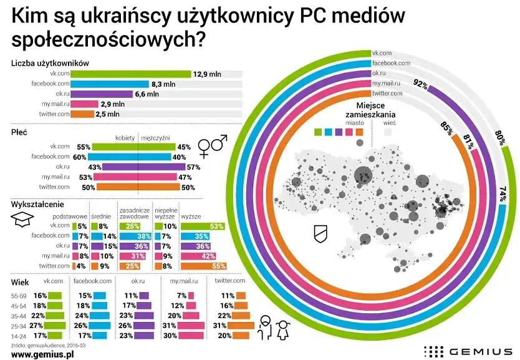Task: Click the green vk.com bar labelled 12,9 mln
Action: pyautogui.click(x=131, y=74)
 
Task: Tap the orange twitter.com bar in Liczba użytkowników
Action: pyautogui.click(x=83, y=114)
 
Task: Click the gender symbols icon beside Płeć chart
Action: pyautogui.click(x=212, y=147)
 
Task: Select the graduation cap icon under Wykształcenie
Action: pyautogui.click(x=21, y=216)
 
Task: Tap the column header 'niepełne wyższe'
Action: pyautogui.click(x=165, y=212)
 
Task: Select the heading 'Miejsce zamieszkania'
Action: pyautogui.click(x=373, y=110)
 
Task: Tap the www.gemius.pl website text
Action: pyautogui.click(x=43, y=354)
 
